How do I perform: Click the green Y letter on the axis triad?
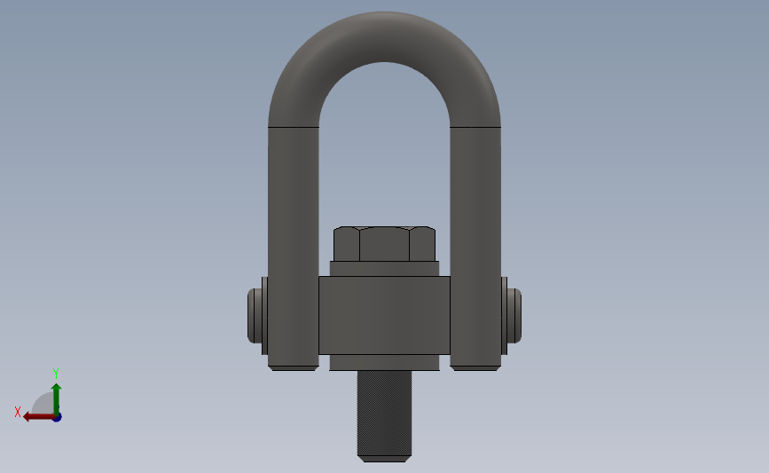pos(56,374)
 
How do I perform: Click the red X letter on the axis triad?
pos(18,412)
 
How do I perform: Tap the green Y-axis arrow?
pos(57,399)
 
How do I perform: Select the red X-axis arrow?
pos(39,417)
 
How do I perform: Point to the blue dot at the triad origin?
pos(58,417)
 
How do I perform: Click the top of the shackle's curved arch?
pos(385,36)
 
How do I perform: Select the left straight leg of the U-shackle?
pos(294,245)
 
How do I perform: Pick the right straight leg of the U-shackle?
pos(475,245)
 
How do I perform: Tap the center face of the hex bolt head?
pos(385,244)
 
